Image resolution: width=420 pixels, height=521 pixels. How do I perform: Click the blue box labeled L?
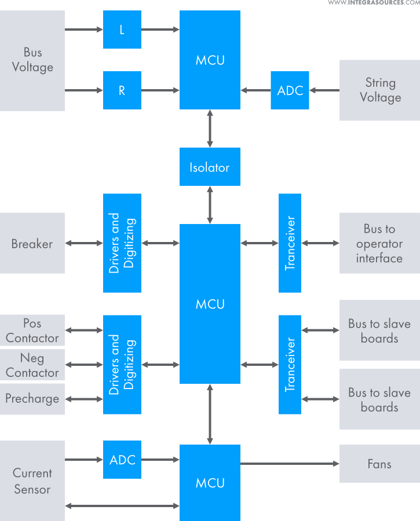click(x=122, y=30)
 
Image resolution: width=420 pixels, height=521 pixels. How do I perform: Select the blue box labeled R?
click(x=122, y=90)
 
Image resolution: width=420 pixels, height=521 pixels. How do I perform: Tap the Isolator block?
click(x=210, y=167)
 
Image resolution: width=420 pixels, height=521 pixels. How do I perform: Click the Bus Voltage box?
click(x=32, y=60)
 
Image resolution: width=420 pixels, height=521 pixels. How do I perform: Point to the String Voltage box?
click(x=379, y=90)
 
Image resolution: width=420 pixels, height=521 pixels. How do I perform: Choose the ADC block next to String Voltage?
click(x=290, y=90)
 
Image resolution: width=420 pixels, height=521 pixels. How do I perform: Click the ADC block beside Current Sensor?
click(x=122, y=460)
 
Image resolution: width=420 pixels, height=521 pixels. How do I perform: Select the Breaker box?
click(x=32, y=243)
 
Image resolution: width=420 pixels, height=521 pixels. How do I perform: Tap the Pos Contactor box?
click(x=32, y=331)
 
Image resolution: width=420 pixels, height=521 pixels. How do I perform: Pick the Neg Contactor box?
click(x=32, y=365)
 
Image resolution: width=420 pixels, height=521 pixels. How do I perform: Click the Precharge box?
click(x=32, y=399)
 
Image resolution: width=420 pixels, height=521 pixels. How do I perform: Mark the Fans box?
click(x=379, y=464)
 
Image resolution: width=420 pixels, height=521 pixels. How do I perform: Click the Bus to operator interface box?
click(x=379, y=243)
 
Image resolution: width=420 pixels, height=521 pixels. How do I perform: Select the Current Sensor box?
click(x=32, y=480)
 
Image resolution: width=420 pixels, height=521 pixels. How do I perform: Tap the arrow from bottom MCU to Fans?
click(x=290, y=464)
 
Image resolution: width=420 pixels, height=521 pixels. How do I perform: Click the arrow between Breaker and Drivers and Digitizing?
click(x=84, y=243)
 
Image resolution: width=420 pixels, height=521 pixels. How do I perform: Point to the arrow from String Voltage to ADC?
click(x=324, y=90)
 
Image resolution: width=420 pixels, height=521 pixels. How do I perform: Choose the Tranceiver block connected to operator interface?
click(x=290, y=243)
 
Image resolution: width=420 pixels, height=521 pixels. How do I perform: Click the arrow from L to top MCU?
click(x=160, y=30)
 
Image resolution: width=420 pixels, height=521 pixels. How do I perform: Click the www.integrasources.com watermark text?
click(x=374, y=3)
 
